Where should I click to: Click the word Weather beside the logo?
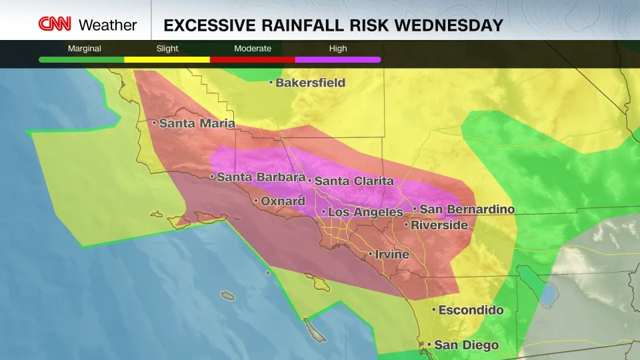pyautogui.click(x=107, y=25)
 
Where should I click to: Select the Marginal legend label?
pyautogui.click(x=85, y=49)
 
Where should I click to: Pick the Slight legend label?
pyautogui.click(x=167, y=49)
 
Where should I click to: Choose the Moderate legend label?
pyautogui.click(x=253, y=49)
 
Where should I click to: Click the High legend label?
pyautogui.click(x=338, y=49)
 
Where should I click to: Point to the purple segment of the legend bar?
pyautogui.click(x=338, y=59)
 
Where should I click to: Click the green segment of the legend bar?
pyautogui.click(x=82, y=59)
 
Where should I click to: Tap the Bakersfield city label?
pyautogui.click(x=310, y=83)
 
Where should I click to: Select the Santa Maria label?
pyautogui.click(x=197, y=123)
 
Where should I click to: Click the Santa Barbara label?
pyautogui.click(x=261, y=177)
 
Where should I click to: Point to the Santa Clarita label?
pyautogui.click(x=353, y=181)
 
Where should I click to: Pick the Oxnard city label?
pyautogui.click(x=283, y=201)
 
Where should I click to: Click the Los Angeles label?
pyautogui.click(x=365, y=213)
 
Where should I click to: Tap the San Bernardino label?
pyautogui.click(x=467, y=209)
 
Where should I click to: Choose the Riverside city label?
pyautogui.click(x=439, y=225)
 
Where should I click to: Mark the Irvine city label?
pyautogui.click(x=392, y=255)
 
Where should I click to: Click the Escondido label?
pyautogui.click(x=471, y=310)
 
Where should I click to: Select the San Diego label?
pyautogui.click(x=466, y=345)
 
